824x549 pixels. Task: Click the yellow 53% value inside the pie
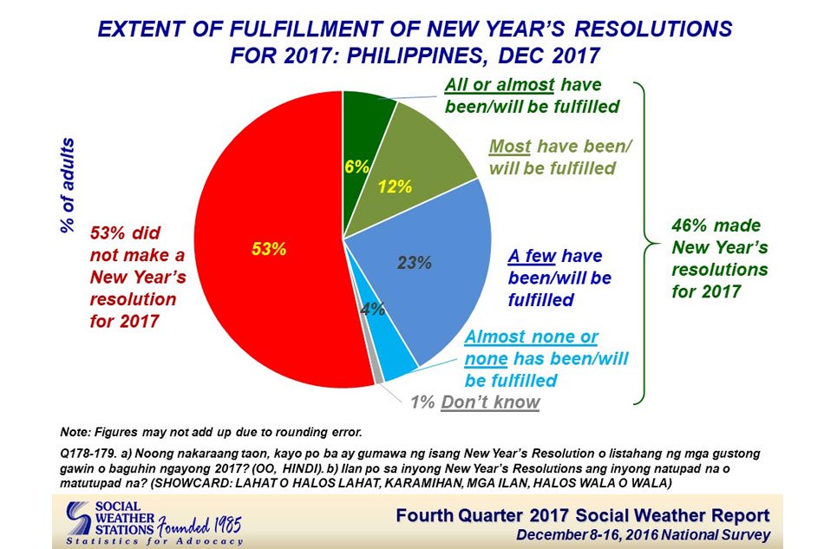coord(269,249)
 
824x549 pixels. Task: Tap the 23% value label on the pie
coord(414,262)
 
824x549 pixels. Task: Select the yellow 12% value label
coord(395,186)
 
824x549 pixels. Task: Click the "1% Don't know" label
coord(475,402)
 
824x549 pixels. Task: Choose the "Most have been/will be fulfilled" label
coord(560,157)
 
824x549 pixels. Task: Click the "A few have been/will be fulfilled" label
coord(559,278)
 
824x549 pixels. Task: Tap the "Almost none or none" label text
coord(532,347)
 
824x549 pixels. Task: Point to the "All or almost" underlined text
coord(500,85)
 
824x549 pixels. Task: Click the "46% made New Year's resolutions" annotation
coord(719,258)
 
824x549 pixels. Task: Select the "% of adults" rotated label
coord(68,186)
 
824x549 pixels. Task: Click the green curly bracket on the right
coord(644,243)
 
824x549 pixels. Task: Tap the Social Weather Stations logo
coord(154,523)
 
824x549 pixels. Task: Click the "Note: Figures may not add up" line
coord(212,433)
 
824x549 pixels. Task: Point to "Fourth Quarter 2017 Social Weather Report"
coord(583,515)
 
